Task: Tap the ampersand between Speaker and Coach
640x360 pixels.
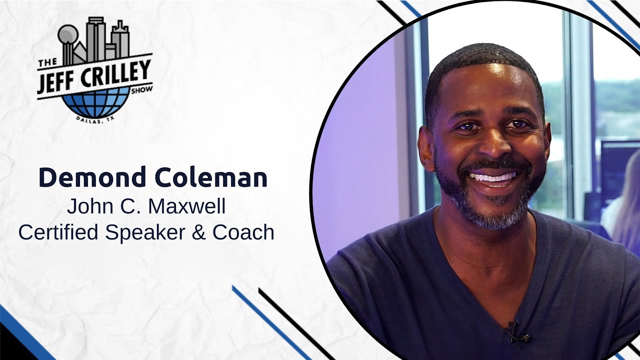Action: (199, 232)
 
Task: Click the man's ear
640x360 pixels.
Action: (426, 145)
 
